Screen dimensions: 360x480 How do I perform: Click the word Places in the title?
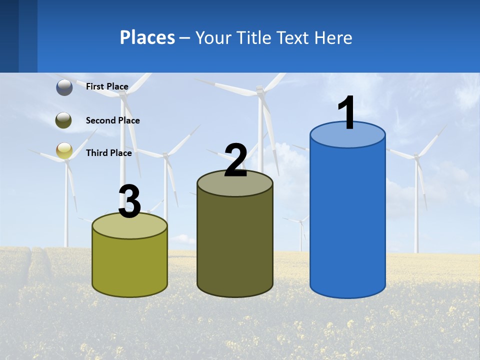pyautogui.click(x=147, y=37)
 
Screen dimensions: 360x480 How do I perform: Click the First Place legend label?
pyautogui.click(x=107, y=86)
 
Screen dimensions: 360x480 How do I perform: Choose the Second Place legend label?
pyautogui.click(x=112, y=120)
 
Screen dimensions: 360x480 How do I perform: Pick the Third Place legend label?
pyautogui.click(x=108, y=153)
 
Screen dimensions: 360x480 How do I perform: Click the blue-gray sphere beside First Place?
pyautogui.click(x=64, y=87)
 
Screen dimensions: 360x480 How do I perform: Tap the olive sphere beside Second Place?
pyautogui.click(x=64, y=120)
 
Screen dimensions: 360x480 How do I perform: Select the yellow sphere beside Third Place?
pyautogui.click(x=64, y=151)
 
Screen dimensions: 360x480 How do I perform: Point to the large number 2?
pyautogui.click(x=235, y=160)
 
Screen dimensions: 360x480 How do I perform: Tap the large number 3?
pyautogui.click(x=130, y=202)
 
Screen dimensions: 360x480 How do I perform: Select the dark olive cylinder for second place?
pyautogui.click(x=235, y=245)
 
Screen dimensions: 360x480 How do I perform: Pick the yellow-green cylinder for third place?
pyautogui.click(x=130, y=265)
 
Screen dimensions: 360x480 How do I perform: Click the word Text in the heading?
pyautogui.click(x=293, y=37)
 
